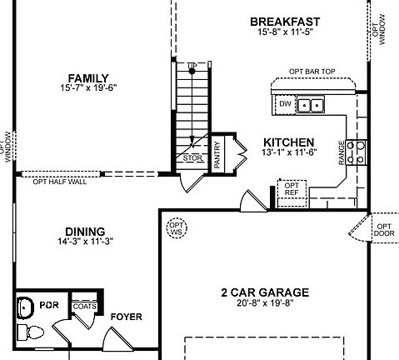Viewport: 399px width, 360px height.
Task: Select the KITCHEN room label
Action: pos(288,142)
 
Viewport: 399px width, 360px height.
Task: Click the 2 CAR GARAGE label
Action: pos(264,292)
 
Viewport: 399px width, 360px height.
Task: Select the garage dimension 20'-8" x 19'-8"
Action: pos(264,303)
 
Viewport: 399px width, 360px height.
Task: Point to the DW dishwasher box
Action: pos(284,105)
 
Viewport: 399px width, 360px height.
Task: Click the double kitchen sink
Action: pos(312,105)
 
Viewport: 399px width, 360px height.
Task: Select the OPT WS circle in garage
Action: pos(176,228)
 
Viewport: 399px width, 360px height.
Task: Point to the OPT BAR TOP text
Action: pos(312,72)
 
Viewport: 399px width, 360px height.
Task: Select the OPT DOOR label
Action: pos(383,230)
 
